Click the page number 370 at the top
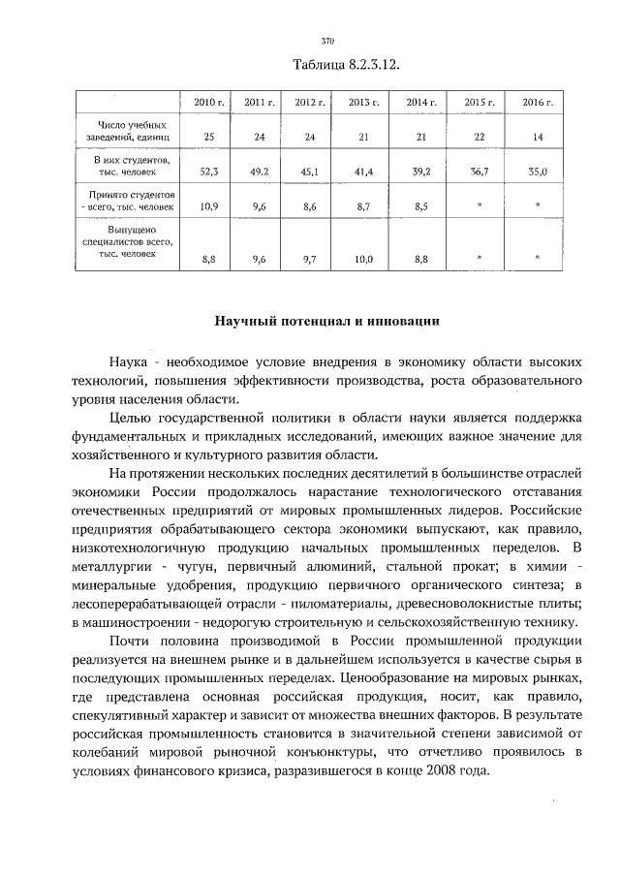pos(326,42)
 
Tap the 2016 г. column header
pos(538,102)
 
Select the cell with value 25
pos(208,137)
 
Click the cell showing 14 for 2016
pos(538,137)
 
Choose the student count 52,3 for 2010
pos(208,172)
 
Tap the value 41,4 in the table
pos(363,172)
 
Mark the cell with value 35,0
pos(538,172)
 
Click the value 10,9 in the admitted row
pos(208,206)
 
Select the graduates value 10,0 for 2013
pos(363,259)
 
